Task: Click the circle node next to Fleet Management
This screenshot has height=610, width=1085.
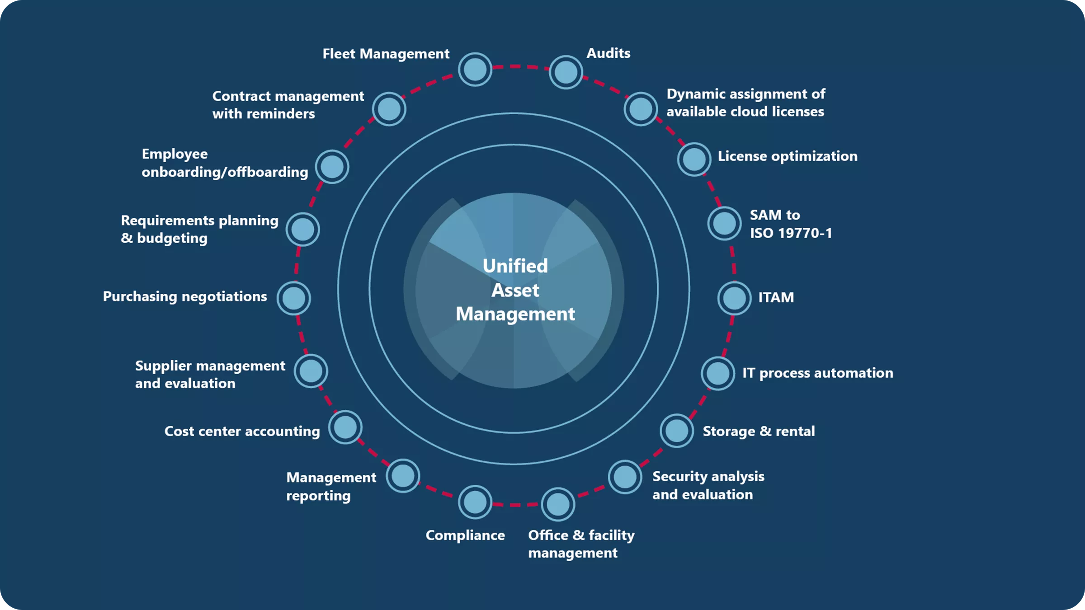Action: (x=475, y=70)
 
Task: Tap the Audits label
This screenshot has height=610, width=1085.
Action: (x=608, y=53)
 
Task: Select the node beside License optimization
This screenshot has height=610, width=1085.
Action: (x=694, y=159)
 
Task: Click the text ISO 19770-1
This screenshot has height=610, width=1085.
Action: (x=791, y=233)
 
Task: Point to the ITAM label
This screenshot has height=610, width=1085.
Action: (x=776, y=297)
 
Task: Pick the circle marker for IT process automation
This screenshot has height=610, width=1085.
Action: (x=718, y=374)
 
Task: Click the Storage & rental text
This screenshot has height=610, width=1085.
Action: (x=759, y=431)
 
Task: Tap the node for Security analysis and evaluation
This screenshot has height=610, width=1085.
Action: (x=625, y=477)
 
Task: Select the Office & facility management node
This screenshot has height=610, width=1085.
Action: (x=558, y=504)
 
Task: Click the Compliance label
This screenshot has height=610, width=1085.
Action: (x=465, y=535)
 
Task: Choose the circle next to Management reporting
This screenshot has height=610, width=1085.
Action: (x=403, y=476)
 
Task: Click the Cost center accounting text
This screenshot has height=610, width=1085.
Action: (x=242, y=431)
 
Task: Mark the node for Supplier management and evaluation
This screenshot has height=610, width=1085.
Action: (x=311, y=371)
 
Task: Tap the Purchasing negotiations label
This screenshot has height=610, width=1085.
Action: (x=185, y=296)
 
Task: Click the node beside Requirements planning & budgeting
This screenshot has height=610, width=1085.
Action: (x=302, y=230)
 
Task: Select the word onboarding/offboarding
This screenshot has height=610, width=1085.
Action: (x=225, y=172)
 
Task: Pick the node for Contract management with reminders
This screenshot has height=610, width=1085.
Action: (x=389, y=109)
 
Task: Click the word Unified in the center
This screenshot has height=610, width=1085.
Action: (x=515, y=266)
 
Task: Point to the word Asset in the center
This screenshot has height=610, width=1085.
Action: (x=515, y=290)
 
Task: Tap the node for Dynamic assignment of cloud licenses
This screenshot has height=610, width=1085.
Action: (x=640, y=109)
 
